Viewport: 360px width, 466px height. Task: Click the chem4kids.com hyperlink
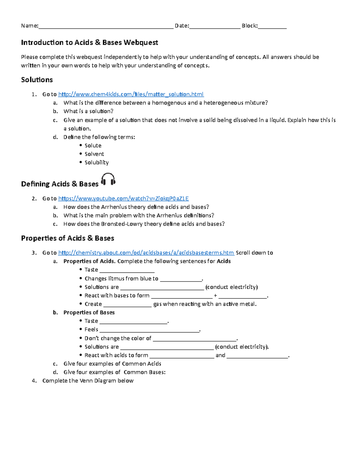pyautogui.click(x=131, y=94)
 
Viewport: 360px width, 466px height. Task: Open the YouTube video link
pyautogui.click(x=123, y=198)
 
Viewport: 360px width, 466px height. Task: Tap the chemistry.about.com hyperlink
pyautogui.click(x=146, y=253)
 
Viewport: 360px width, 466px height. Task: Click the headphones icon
pyautogui.click(x=108, y=179)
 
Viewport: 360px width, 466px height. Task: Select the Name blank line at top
pyautogui.click(x=106, y=26)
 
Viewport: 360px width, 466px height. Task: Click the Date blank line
pyautogui.click(x=215, y=26)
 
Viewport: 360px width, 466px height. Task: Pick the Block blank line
pyautogui.click(x=272, y=26)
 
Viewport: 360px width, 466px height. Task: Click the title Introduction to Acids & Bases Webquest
pyautogui.click(x=89, y=43)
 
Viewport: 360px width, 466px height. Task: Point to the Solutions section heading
pyautogui.click(x=37, y=80)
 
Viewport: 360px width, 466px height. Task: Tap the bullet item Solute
pyautogui.click(x=93, y=146)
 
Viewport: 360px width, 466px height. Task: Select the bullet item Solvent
pyautogui.click(x=94, y=154)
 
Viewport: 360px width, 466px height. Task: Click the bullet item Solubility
pyautogui.click(x=96, y=162)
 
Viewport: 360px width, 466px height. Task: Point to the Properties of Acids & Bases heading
pyautogui.click(x=67, y=238)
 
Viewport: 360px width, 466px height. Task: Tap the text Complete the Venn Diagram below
pyautogui.click(x=88, y=381)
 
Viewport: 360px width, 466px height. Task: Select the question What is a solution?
pyautogui.click(x=88, y=111)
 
